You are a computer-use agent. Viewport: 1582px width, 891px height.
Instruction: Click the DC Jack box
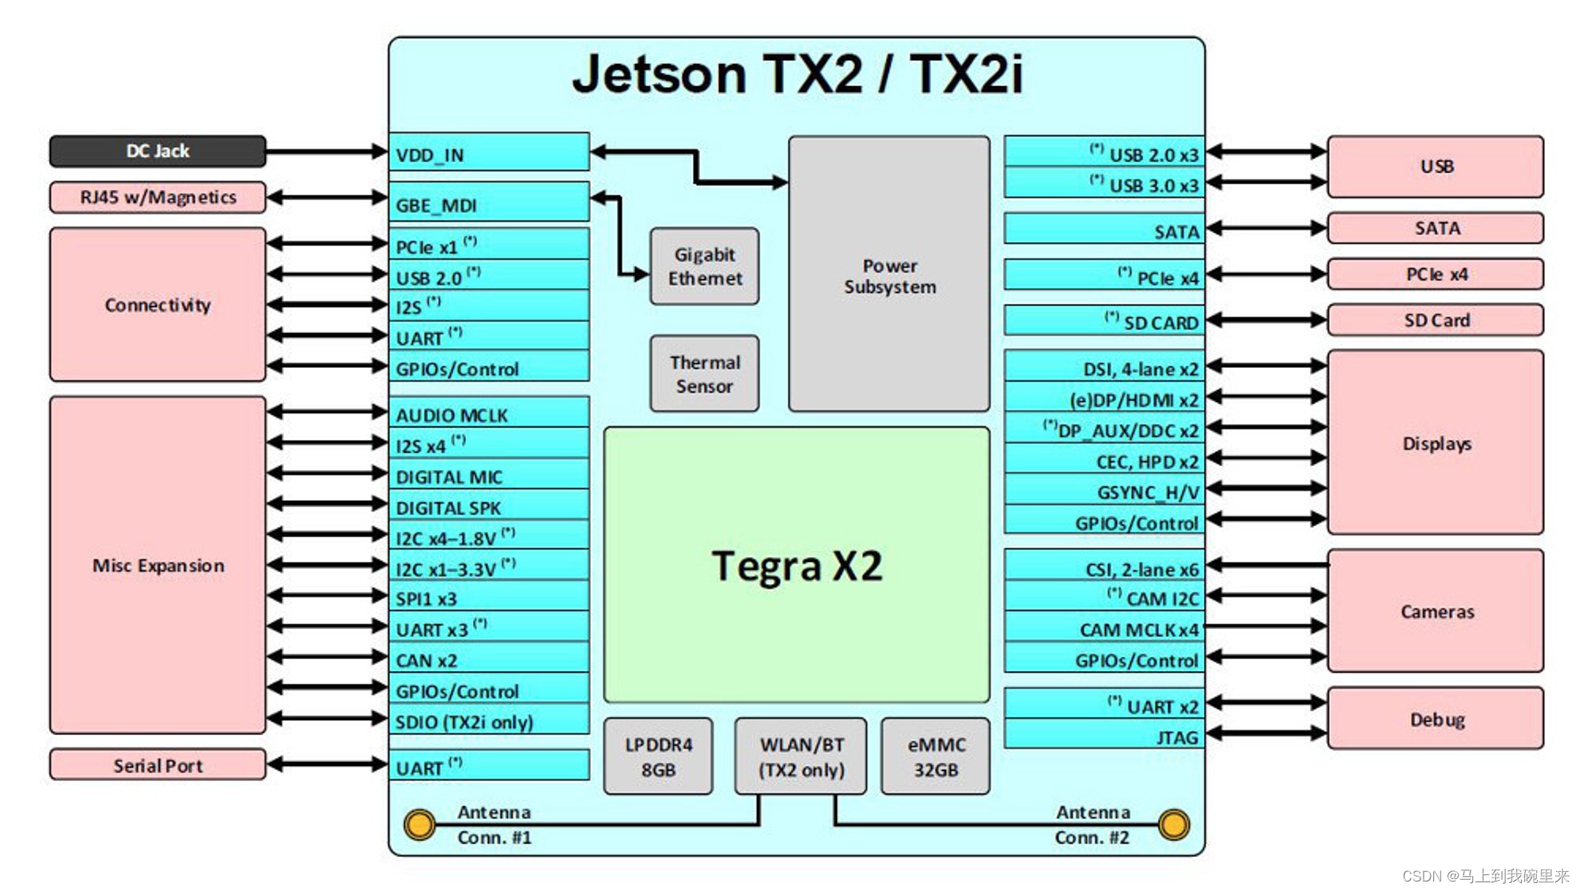click(x=157, y=151)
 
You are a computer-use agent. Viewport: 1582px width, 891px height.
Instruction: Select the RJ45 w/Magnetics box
click(x=157, y=197)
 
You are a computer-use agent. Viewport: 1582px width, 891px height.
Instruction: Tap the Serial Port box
click(x=157, y=765)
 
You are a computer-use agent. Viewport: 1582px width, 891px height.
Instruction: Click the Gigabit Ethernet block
click(x=704, y=267)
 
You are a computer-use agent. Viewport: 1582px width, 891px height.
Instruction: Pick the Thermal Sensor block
click(x=704, y=373)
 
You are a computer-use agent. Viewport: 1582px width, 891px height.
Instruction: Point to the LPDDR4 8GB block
click(x=658, y=756)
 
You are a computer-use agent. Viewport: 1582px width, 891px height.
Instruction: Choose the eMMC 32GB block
click(x=936, y=756)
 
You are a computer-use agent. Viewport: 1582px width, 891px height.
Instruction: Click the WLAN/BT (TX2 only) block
click(x=800, y=756)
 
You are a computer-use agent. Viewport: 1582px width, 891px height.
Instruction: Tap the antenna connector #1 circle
click(x=419, y=825)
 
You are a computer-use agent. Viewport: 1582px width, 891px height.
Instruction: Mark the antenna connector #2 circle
click(x=1174, y=825)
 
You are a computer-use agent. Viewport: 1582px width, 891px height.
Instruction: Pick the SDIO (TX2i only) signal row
click(x=489, y=721)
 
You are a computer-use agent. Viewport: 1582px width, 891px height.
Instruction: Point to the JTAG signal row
click(x=1104, y=736)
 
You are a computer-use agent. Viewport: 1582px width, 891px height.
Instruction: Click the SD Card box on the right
click(x=1436, y=320)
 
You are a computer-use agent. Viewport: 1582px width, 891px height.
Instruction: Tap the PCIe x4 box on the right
click(x=1436, y=275)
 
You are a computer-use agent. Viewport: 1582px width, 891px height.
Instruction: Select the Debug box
click(x=1436, y=718)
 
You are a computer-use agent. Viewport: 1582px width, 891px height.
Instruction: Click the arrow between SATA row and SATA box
click(x=1266, y=229)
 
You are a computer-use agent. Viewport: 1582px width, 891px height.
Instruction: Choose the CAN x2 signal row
click(x=489, y=659)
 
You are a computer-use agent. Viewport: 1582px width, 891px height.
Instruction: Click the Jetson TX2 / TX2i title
click(x=797, y=74)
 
